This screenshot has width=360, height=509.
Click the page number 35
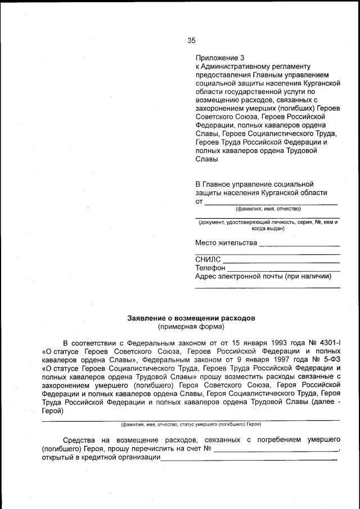(191, 40)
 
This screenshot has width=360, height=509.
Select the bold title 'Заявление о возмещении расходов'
(191, 318)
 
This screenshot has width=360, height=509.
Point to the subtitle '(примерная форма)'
(191, 326)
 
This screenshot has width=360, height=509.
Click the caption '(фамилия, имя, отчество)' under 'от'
(268, 209)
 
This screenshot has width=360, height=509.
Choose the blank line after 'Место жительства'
(299, 245)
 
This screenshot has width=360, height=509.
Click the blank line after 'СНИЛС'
(281, 262)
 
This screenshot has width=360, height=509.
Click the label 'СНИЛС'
(208, 260)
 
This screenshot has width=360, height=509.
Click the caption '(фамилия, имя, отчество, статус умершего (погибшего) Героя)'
(191, 424)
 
